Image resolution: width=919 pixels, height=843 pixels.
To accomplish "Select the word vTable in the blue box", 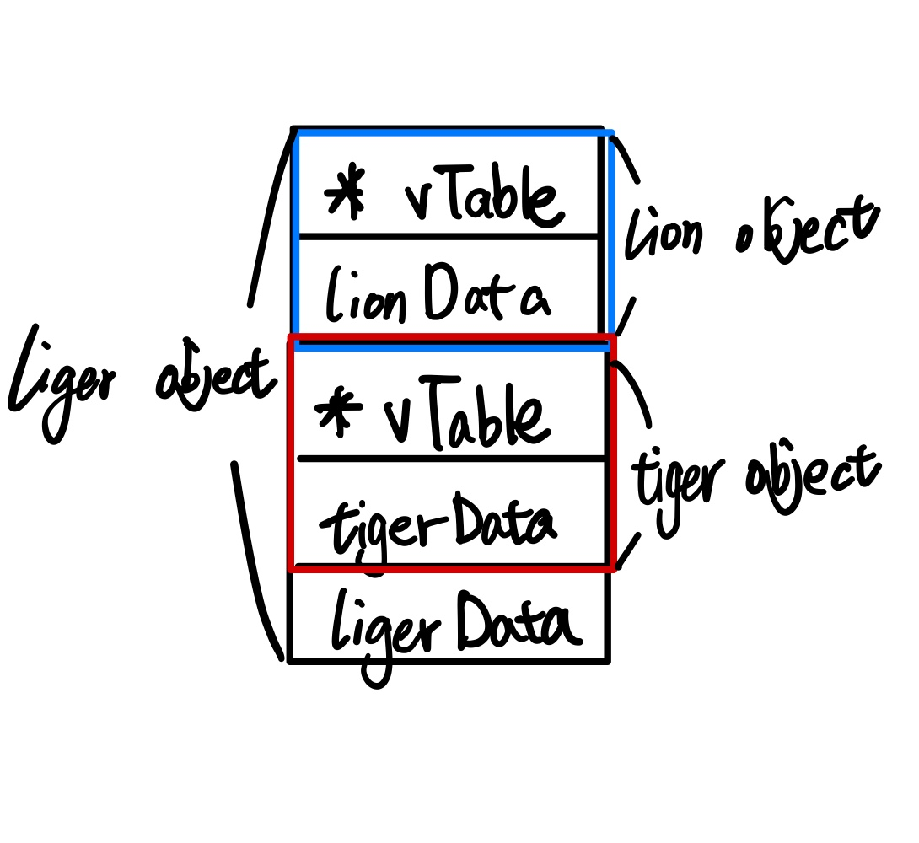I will tap(481, 198).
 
